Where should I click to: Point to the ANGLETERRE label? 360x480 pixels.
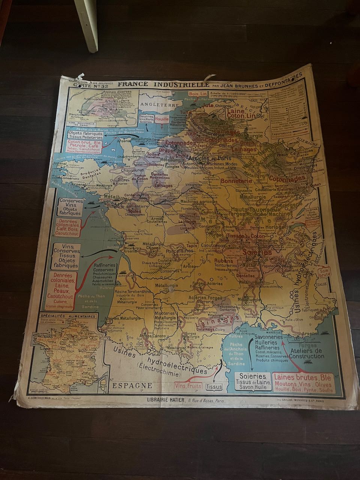pos(154,106)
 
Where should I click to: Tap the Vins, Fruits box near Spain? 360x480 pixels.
pos(188,385)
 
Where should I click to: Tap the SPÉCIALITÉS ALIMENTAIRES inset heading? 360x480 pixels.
pos(68,316)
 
